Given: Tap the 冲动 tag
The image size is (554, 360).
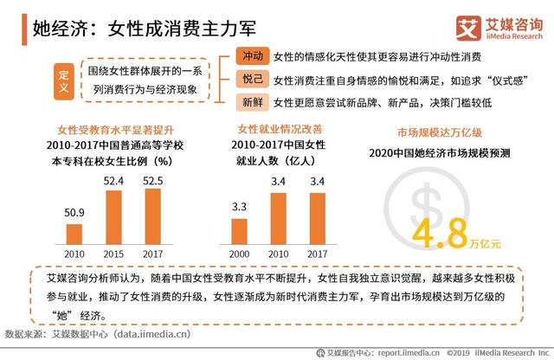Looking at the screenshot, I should [x=252, y=56].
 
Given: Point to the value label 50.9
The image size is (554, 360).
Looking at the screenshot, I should [x=74, y=212].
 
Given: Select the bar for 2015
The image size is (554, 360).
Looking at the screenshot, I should [x=113, y=217].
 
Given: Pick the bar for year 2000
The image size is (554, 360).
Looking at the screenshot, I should [x=240, y=231].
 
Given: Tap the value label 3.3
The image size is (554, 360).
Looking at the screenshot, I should [x=240, y=207].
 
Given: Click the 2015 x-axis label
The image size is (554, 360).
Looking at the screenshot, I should [x=113, y=254].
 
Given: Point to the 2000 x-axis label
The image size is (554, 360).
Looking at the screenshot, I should [x=240, y=254].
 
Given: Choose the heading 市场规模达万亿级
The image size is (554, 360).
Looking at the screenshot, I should [x=439, y=133].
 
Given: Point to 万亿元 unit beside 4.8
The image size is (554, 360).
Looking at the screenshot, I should [x=486, y=243].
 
